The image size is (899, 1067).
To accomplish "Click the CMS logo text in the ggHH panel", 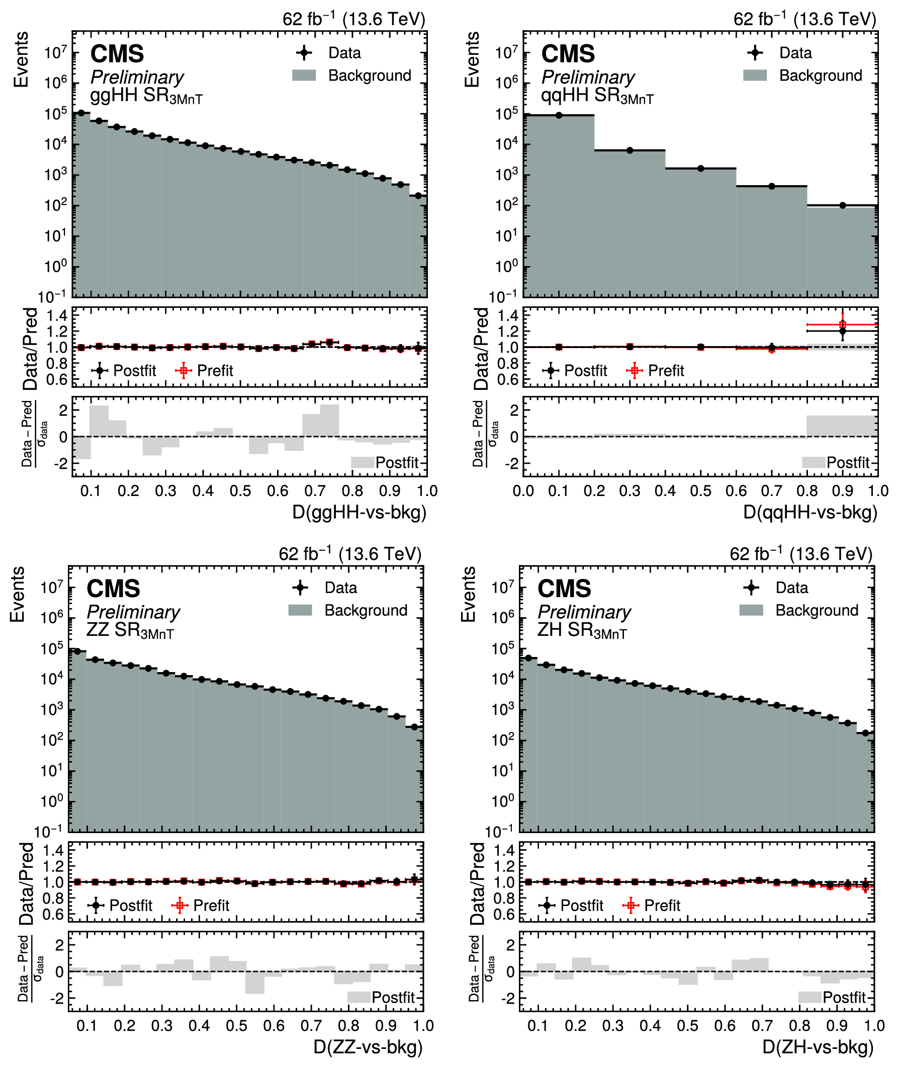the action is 117,53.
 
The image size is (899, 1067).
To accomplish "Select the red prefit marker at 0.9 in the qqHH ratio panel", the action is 842,324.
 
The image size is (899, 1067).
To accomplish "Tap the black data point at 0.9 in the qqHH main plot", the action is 842,205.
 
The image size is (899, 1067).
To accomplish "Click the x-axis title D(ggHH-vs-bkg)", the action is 359,512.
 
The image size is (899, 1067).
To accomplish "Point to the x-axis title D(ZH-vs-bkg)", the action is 818,1046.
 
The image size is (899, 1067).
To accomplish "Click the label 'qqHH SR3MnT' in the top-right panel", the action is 597,96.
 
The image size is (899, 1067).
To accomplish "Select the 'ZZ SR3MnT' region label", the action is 130,631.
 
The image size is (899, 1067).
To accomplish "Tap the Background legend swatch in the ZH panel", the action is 751,610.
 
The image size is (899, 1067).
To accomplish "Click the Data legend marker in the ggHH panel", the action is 304,52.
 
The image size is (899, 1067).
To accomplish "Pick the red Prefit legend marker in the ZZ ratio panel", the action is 179,906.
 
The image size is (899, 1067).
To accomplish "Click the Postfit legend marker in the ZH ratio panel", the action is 547,906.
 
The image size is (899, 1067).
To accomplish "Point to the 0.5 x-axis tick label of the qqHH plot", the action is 701,491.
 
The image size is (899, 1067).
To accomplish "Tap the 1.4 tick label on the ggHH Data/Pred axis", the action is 57,315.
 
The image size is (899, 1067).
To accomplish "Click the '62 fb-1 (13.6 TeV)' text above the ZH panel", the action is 801,553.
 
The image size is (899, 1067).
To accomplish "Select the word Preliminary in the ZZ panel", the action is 134,612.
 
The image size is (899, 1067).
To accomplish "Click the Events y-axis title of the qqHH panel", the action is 473,60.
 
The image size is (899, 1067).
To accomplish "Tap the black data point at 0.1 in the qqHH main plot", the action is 559,115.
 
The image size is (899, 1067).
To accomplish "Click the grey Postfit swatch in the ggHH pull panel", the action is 363,462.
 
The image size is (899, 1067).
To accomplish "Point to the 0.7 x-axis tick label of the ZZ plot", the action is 311,1026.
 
